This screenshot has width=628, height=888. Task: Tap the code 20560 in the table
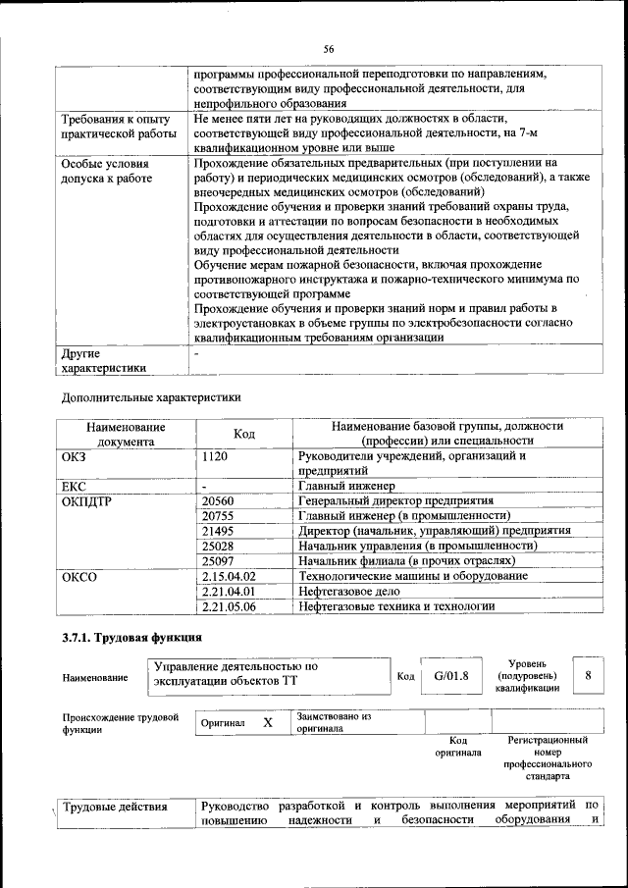(218, 500)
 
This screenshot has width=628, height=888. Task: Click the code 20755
(218, 515)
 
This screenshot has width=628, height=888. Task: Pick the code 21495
(218, 530)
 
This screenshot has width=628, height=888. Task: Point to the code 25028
(218, 546)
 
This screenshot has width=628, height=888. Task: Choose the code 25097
(218, 560)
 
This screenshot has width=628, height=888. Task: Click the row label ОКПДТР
(87, 500)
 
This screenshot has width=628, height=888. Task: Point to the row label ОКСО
(79, 576)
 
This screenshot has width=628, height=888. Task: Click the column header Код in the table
(244, 434)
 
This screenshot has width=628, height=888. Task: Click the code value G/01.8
(451, 676)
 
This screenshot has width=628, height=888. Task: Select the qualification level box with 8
(587, 676)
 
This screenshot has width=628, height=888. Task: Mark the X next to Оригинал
(266, 722)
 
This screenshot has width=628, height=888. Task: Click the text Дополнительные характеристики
(150, 397)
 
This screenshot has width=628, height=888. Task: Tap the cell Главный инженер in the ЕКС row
(346, 485)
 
